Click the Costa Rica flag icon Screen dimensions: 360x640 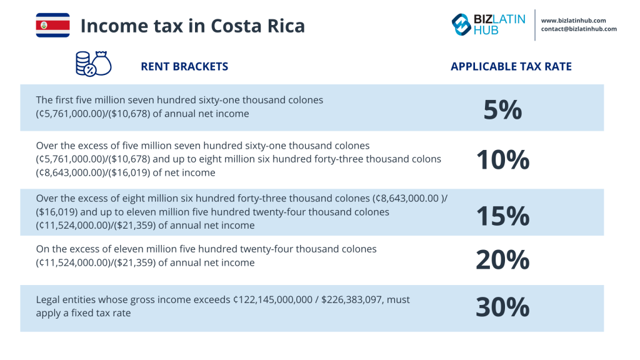pos(52,25)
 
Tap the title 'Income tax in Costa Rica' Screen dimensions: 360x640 pos(192,26)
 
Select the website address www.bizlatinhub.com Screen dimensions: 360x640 pos(577,20)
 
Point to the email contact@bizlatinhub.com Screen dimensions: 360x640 pos(579,29)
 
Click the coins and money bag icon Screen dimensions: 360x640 pos(92,64)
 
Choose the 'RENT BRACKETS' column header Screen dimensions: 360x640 pos(184,66)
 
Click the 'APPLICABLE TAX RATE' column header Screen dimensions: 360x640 pos(511,66)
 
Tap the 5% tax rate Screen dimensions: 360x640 pos(502,110)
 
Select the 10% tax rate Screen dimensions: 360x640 pos(502,160)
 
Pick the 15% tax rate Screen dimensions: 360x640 pos(502,216)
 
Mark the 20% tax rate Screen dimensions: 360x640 pos(502,259)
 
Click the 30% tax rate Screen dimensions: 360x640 pos(502,307)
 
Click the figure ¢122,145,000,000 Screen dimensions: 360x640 pos(272,300)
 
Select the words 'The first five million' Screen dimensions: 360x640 pos(84,100)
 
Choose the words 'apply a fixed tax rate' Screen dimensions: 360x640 pos(83,312)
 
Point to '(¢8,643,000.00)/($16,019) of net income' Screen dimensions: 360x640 pos(126,172)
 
